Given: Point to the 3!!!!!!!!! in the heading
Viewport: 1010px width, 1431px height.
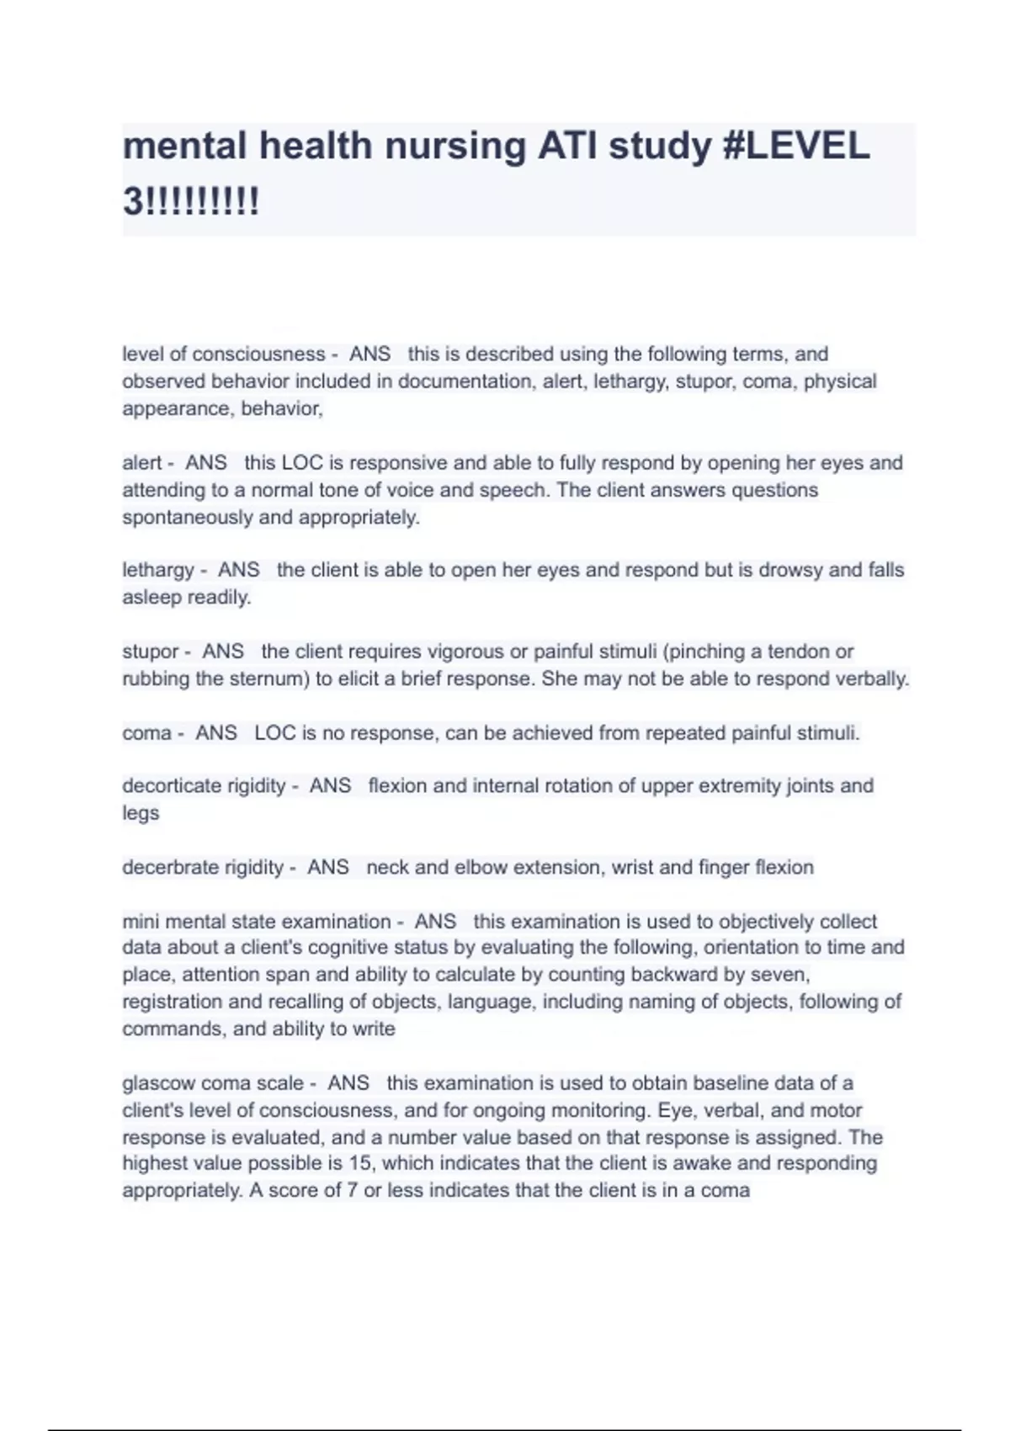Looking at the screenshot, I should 191,201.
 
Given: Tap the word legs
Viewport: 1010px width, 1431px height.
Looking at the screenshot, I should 141,813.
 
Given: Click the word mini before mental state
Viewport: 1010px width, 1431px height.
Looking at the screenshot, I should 141,922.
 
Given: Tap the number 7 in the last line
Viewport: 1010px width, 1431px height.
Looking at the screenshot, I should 353,1190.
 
